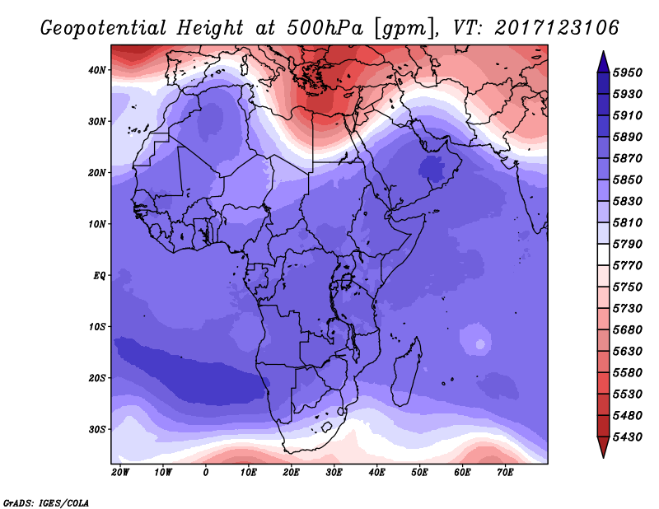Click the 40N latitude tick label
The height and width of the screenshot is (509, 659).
pyautogui.click(x=96, y=70)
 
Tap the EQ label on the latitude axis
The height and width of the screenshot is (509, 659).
pyautogui.click(x=99, y=276)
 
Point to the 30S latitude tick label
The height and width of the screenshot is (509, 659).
pyautogui.click(x=96, y=430)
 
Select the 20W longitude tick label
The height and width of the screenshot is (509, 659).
pyautogui.click(x=120, y=473)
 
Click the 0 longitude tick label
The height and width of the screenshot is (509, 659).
pyautogui.click(x=205, y=473)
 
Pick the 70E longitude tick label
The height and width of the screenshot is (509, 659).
pyautogui.click(x=505, y=473)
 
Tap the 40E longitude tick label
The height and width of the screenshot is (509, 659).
pyautogui.click(x=376, y=473)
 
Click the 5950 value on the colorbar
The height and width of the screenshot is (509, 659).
pyautogui.click(x=628, y=72)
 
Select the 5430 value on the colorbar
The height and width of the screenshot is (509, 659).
pyautogui.click(x=628, y=437)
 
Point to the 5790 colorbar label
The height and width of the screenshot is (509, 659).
pyautogui.click(x=628, y=244)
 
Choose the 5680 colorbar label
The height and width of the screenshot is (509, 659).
pyautogui.click(x=628, y=330)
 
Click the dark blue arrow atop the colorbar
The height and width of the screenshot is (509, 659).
pyautogui.click(x=603, y=62)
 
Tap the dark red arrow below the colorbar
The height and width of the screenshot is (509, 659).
pyautogui.click(x=603, y=447)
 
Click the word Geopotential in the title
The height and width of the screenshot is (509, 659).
pyautogui.click(x=104, y=28)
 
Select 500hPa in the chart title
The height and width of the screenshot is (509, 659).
pyautogui.click(x=325, y=28)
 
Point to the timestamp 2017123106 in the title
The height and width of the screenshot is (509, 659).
pyautogui.click(x=557, y=28)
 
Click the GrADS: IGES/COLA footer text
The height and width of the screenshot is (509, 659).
pyautogui.click(x=46, y=503)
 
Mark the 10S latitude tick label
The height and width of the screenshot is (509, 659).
pyautogui.click(x=96, y=327)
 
